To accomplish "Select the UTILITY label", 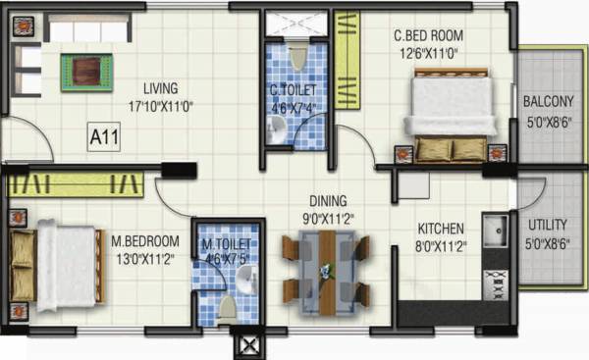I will tap(548, 224).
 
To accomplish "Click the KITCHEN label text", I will tap(439, 225).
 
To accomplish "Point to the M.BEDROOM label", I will tap(144, 240).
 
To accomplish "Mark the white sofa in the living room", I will tap(87, 31).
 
